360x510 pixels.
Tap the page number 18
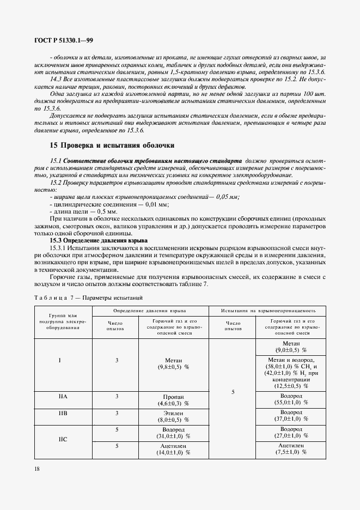(36, 469)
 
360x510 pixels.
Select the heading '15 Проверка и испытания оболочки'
(112, 146)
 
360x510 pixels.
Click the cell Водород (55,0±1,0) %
(291, 399)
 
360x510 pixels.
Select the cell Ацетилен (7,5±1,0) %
(291, 448)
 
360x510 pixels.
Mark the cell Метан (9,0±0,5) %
(291, 347)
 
